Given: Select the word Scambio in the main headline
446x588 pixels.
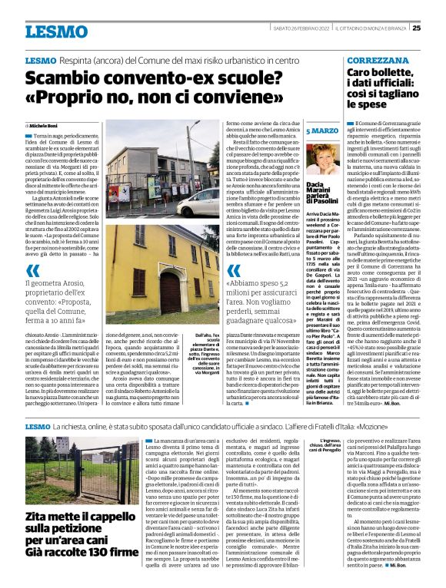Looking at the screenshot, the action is (x=66, y=78).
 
